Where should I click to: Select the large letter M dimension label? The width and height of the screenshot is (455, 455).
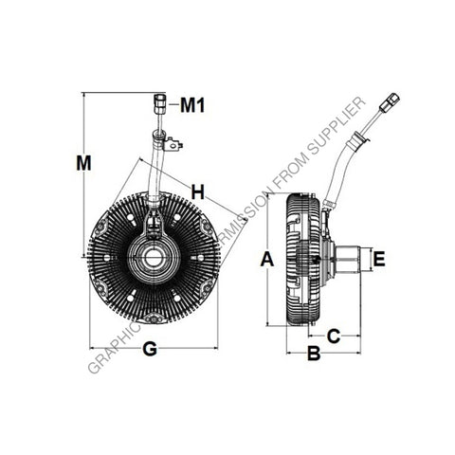click(84, 162)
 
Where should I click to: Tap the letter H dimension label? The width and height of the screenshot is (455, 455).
click(197, 192)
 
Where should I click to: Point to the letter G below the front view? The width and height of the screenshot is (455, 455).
click(150, 350)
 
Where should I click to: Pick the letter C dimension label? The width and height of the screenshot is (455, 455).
click(334, 334)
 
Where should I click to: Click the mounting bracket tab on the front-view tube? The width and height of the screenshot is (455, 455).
click(173, 144)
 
